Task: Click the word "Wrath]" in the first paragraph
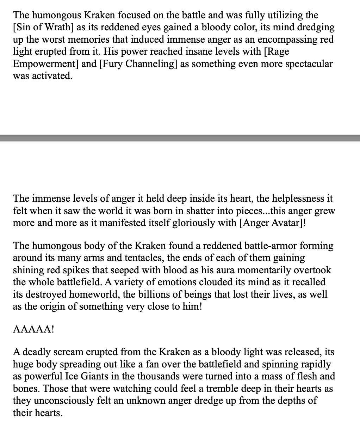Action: (x=57, y=28)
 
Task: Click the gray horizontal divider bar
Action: (x=180, y=138)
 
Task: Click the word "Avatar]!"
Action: (x=286, y=223)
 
